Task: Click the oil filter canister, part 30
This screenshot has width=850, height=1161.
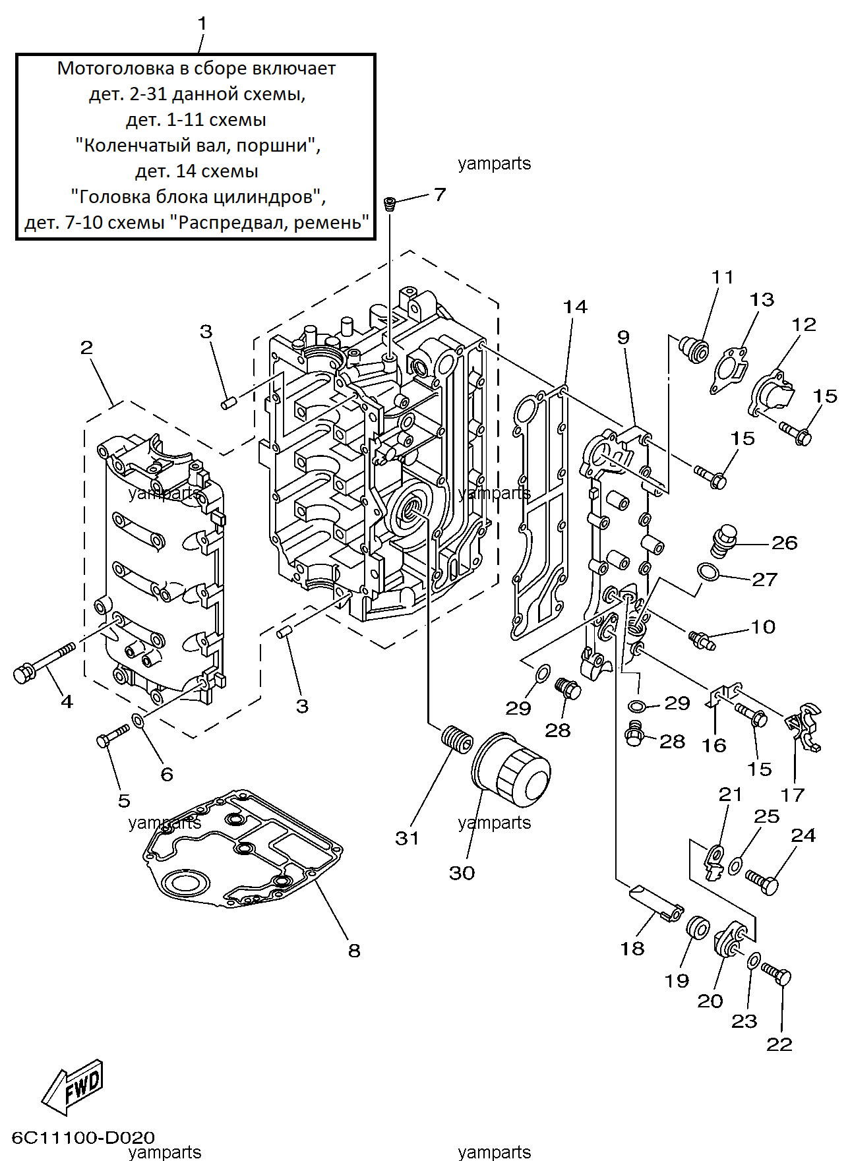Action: pyautogui.click(x=511, y=769)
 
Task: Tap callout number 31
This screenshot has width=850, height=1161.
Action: pyautogui.click(x=407, y=838)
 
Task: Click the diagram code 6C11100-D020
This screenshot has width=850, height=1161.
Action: pyautogui.click(x=84, y=1137)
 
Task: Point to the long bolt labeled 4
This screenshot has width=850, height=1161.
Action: pyautogui.click(x=44, y=663)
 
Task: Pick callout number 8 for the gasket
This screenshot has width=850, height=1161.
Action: pyautogui.click(x=354, y=950)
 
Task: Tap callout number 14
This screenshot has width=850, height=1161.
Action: pyautogui.click(x=574, y=307)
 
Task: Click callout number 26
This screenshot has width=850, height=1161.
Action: pyautogui.click(x=785, y=543)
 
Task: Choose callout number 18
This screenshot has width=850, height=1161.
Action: pyautogui.click(x=632, y=949)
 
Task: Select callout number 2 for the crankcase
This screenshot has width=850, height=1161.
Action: pyautogui.click(x=86, y=347)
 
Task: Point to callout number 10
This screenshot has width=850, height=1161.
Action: pyautogui.click(x=763, y=626)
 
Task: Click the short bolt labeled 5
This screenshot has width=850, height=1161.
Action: pyautogui.click(x=113, y=736)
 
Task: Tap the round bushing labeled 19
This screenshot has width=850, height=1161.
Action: pyautogui.click(x=697, y=927)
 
